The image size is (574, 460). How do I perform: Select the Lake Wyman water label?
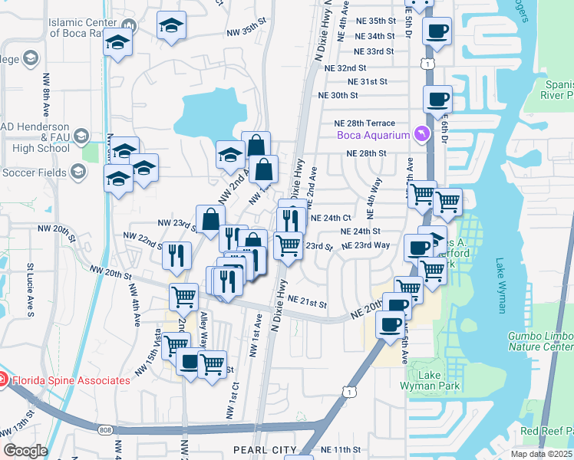point(502,285)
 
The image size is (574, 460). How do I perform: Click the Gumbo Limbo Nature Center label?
point(540,342)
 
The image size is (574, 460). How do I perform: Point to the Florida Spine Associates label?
point(70,380)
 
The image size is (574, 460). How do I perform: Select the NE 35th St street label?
point(371,21)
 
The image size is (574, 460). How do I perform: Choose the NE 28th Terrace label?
point(364,123)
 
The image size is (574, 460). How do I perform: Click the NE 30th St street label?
point(338,96)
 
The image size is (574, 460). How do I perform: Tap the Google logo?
point(25,450)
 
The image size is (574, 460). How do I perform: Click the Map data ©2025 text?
point(541,454)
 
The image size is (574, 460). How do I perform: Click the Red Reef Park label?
point(546,431)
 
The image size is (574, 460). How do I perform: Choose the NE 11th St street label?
point(341,449)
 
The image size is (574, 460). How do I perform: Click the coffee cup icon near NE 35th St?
point(437,32)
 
